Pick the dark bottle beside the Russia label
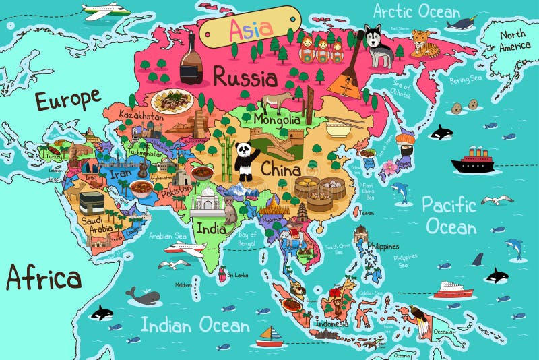(191, 61)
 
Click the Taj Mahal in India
(207, 202)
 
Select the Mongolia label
(276, 120)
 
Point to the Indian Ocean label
(195, 326)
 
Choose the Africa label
(44, 277)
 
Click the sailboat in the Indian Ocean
(272, 335)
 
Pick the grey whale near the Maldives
(146, 296)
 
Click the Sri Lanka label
(238, 275)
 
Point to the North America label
(513, 40)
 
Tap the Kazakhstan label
(141, 115)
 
